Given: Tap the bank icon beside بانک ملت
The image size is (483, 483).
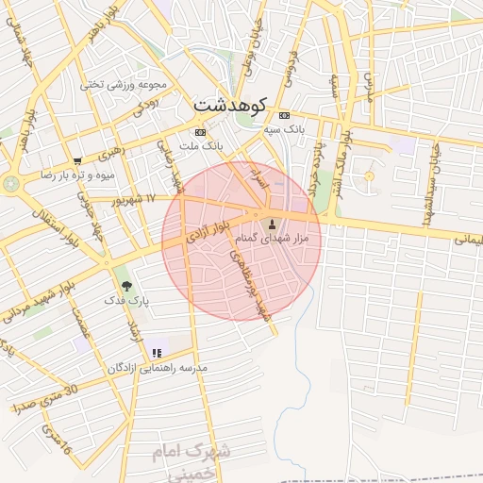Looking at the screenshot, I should [199, 132].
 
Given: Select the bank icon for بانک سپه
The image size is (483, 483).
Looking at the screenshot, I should [284, 114].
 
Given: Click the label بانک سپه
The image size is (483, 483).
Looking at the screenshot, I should [293, 126].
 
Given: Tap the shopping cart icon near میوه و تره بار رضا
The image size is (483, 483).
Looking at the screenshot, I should [76, 160].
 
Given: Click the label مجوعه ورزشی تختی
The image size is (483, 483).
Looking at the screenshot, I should [124, 84].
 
